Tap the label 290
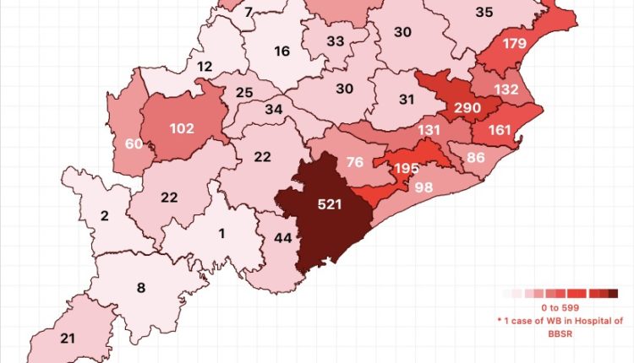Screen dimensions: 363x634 pyautogui.click(x=467, y=109)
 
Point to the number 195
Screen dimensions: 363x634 pyautogui.click(x=407, y=168)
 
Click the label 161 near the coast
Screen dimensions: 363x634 pyautogui.click(x=500, y=132)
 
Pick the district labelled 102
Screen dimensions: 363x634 pyautogui.click(x=182, y=129)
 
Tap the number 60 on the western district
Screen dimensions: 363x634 pyautogui.click(x=133, y=144)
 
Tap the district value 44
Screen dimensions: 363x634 pyautogui.click(x=283, y=239)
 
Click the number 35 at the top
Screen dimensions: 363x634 pyautogui.click(x=484, y=12)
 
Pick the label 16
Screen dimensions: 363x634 pyautogui.click(x=282, y=51)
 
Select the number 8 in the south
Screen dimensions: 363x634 pyautogui.click(x=141, y=286)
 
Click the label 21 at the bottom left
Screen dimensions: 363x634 pyautogui.click(x=68, y=338)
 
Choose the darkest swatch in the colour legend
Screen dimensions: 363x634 pyautogui.click(x=613, y=294)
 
